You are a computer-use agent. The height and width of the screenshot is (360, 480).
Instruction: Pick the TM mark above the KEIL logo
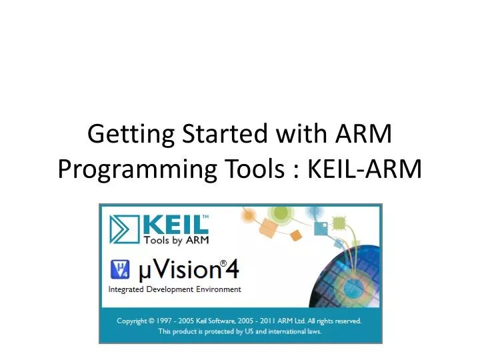point(205,217)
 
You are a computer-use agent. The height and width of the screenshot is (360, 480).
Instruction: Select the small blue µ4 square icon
point(119,270)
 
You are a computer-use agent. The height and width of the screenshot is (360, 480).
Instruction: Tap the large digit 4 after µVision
point(231,270)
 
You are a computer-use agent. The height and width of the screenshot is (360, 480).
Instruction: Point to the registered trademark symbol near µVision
point(224,263)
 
